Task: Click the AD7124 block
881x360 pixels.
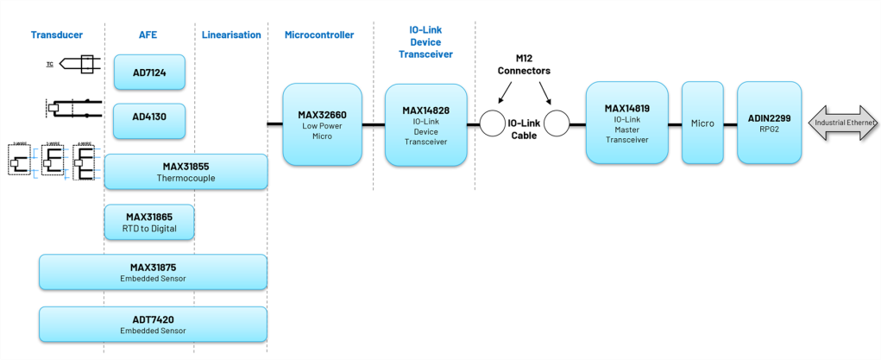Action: (x=150, y=72)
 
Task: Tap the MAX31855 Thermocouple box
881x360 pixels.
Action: (x=186, y=171)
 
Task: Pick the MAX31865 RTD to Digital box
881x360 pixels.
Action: (x=148, y=222)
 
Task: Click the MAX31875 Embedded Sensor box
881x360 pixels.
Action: (x=153, y=271)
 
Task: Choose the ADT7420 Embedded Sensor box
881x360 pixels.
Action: (x=153, y=324)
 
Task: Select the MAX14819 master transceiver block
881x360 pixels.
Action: (x=626, y=123)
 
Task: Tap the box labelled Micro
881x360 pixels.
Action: (x=702, y=123)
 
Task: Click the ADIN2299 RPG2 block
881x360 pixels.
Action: (x=769, y=123)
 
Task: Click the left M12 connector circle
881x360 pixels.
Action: (x=494, y=123)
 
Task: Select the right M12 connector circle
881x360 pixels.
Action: (x=557, y=123)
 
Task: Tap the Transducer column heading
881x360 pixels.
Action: (x=56, y=35)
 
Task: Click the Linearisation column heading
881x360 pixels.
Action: (x=231, y=35)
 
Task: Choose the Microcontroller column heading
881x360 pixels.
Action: (x=319, y=35)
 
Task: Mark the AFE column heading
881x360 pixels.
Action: (x=148, y=35)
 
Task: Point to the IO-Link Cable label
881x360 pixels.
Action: (x=525, y=129)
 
